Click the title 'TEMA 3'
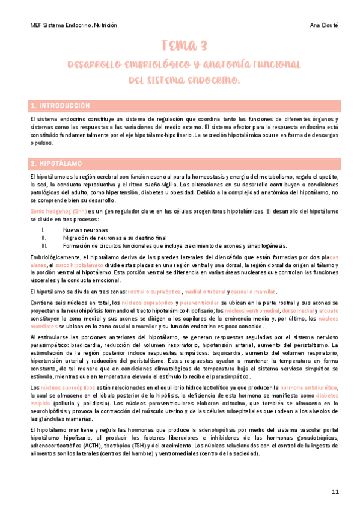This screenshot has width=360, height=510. tap(185, 46)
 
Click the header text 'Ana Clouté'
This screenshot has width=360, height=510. tap(323, 26)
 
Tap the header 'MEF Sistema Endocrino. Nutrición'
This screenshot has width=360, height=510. tap(73, 26)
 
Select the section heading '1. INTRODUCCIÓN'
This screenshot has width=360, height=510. tap(60, 106)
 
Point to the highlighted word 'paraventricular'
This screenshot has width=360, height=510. tap(199, 303)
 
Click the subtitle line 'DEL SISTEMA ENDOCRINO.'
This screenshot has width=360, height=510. tap(185, 79)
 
